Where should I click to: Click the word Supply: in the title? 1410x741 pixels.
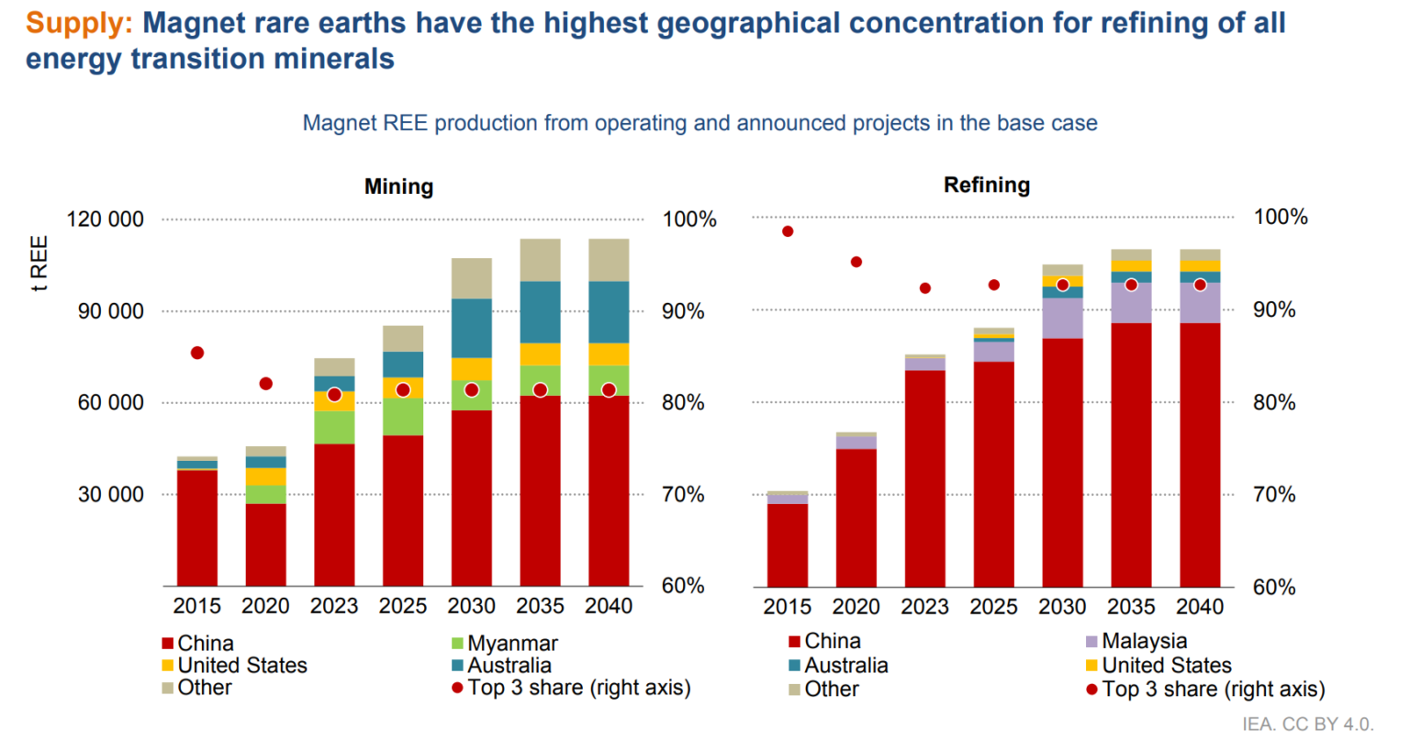click(x=79, y=23)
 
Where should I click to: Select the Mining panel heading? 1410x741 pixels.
click(x=398, y=186)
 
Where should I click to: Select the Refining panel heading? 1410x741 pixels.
click(x=987, y=185)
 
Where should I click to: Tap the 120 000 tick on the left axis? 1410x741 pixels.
click(x=106, y=219)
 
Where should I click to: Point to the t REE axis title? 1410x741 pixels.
click(x=39, y=264)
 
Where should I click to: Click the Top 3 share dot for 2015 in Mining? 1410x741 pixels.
click(x=197, y=354)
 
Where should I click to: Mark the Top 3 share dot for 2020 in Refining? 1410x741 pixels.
click(x=856, y=263)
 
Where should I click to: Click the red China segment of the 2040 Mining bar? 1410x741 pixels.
click(x=609, y=491)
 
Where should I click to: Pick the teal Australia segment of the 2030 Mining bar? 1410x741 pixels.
click(x=472, y=328)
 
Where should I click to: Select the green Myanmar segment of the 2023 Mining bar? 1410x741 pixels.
click(x=334, y=427)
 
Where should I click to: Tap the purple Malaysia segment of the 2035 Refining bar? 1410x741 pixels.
click(x=1131, y=304)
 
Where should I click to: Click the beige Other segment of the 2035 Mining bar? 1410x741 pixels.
click(x=540, y=260)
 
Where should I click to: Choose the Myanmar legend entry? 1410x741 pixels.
click(x=511, y=644)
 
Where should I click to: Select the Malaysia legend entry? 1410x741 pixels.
click(x=1143, y=641)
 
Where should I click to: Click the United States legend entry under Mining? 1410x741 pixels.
click(x=241, y=666)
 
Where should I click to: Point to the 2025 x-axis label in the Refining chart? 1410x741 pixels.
click(x=993, y=607)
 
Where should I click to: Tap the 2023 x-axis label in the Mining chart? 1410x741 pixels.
click(x=334, y=606)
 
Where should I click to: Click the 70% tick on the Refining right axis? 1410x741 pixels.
click(x=1273, y=495)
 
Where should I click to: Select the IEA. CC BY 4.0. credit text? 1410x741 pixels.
click(x=1307, y=724)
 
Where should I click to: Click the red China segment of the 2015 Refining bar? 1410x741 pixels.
click(x=788, y=545)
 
